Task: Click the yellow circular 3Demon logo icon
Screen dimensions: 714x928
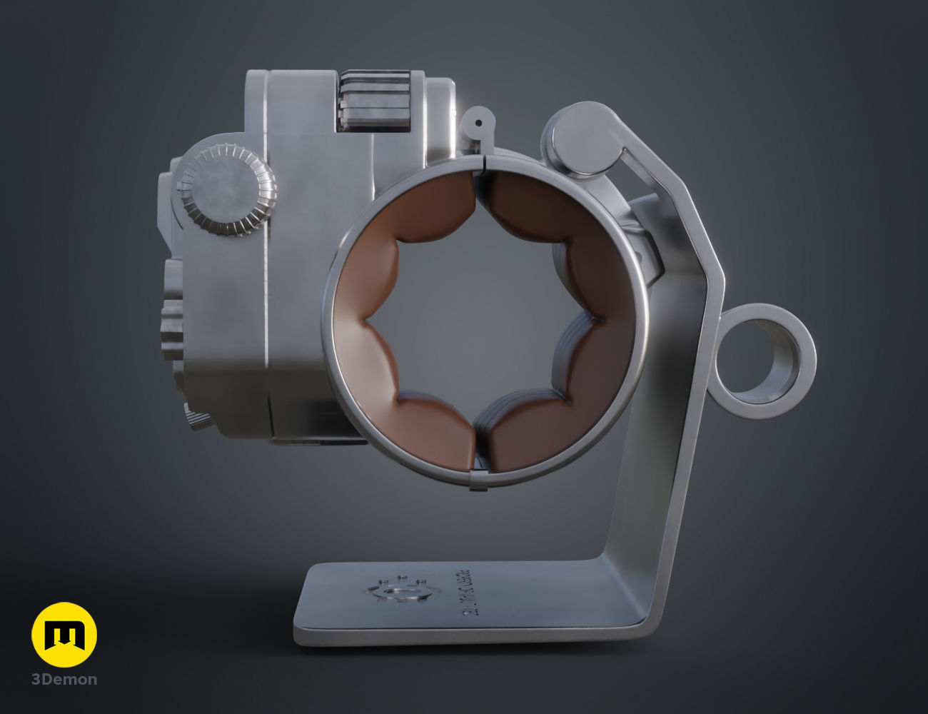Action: click(64, 635)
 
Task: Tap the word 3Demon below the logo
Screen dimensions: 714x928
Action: click(64, 679)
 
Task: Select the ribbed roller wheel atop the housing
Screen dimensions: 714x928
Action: click(375, 100)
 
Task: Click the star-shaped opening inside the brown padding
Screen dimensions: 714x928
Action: click(478, 321)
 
